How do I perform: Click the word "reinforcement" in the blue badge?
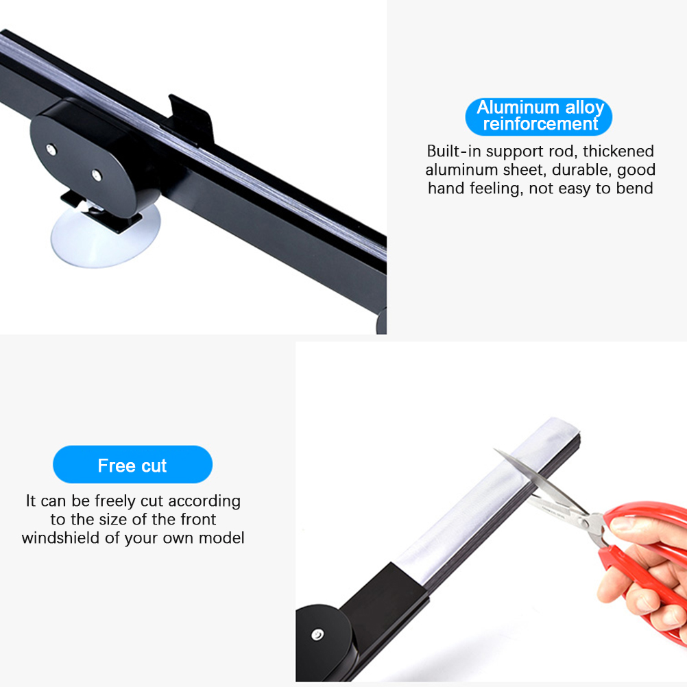pyautogui.click(x=540, y=124)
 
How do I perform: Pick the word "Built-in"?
pyautogui.click(x=454, y=151)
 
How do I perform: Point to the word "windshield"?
pyautogui.click(x=61, y=538)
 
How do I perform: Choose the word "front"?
pyautogui.click(x=198, y=519)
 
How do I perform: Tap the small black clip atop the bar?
pyautogui.click(x=192, y=119)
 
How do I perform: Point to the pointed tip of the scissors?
pyautogui.click(x=495, y=449)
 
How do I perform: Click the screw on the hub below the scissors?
pyautogui.click(x=317, y=634)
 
